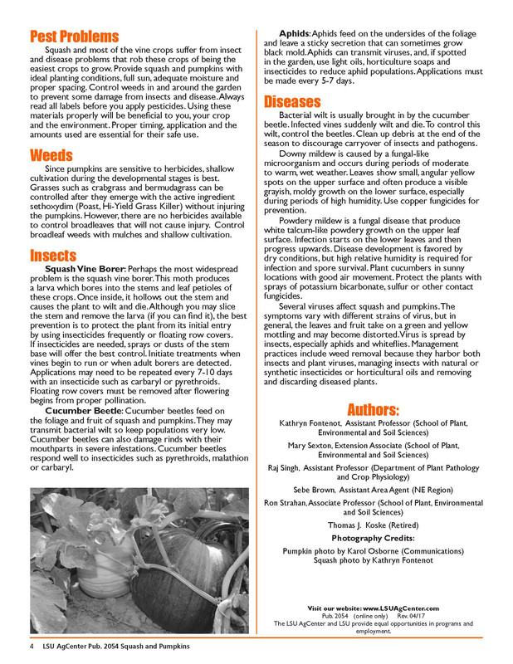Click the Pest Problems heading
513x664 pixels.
pos(74,37)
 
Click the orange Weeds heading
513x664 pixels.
pos(51,155)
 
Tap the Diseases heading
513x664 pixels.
pos(292,101)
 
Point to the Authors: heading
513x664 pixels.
pos(373,410)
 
